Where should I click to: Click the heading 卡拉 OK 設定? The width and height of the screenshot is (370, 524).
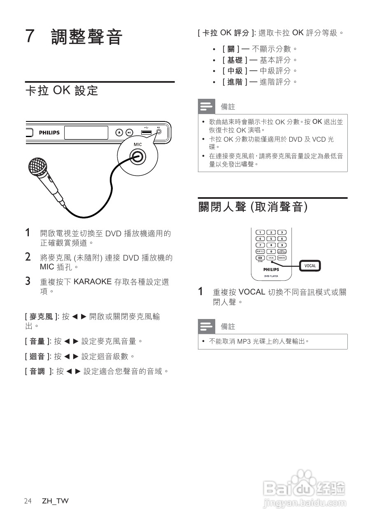coord(62,90)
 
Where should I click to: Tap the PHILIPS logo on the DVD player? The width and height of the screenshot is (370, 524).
coord(49,133)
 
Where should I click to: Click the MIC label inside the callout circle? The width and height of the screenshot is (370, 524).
coord(137,144)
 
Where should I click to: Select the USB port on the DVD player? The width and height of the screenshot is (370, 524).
coord(147,132)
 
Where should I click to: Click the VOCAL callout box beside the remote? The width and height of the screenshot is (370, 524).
coord(310,265)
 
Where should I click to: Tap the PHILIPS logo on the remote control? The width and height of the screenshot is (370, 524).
coord(271,269)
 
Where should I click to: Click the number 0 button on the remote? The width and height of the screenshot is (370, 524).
coord(271,251)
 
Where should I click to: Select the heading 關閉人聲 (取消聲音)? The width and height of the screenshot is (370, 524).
coord(253,207)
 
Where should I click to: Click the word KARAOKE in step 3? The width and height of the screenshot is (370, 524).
coord(93,282)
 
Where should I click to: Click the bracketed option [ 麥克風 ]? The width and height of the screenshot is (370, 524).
coord(41,317)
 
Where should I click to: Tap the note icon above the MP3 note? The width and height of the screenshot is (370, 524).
coord(206,326)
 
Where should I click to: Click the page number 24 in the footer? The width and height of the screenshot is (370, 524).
coord(28,501)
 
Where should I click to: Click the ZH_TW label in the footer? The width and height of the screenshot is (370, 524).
coord(55,501)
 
